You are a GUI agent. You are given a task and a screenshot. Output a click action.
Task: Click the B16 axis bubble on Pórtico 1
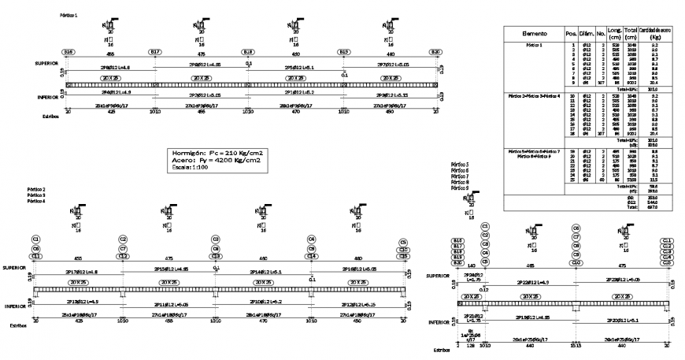pyautogui.click(x=68, y=53)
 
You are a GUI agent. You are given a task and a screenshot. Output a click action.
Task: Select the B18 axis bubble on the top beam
pyautogui.click(x=248, y=53)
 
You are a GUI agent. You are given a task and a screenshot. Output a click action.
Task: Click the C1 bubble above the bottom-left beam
pyautogui.click(x=36, y=238)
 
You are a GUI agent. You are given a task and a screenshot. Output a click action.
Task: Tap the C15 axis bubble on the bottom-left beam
pyautogui.click(x=403, y=256)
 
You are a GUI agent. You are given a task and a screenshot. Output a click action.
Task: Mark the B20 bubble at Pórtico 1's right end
pyautogui.click(x=435, y=53)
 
